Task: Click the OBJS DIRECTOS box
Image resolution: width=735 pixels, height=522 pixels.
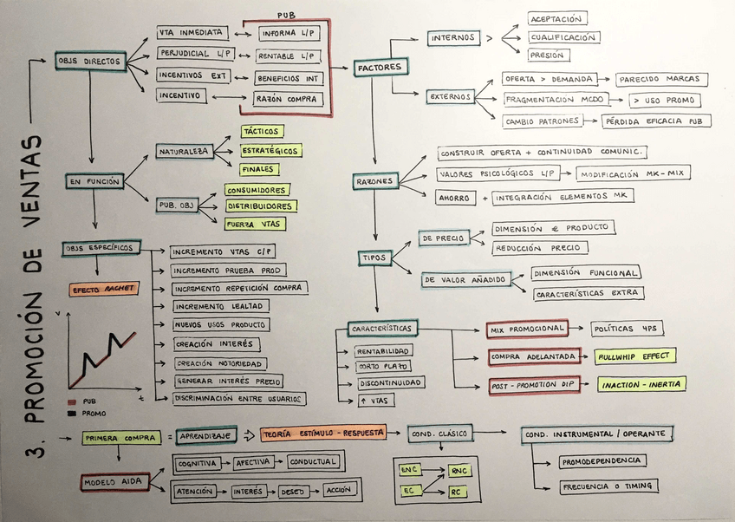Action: [x=89, y=62]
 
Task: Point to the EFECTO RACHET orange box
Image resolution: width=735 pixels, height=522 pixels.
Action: [x=98, y=289]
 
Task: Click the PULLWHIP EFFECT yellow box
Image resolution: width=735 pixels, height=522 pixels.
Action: [x=634, y=356]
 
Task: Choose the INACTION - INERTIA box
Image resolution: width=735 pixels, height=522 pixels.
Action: [x=641, y=384]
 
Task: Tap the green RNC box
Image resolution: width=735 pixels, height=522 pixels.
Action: [x=459, y=471]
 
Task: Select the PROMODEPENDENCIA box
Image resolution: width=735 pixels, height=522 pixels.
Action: [x=601, y=460]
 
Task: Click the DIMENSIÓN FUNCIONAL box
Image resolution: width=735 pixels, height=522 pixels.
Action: [x=586, y=273]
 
